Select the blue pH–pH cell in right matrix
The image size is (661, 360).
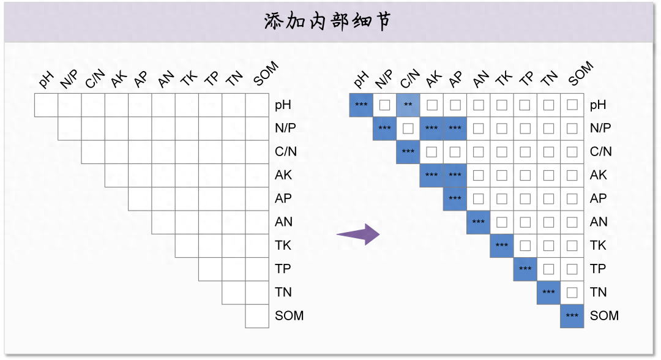(361, 105)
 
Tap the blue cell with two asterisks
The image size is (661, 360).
(408, 105)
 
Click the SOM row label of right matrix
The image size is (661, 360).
(604, 316)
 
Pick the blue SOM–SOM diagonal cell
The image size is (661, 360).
(572, 316)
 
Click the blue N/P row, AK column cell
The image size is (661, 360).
(431, 129)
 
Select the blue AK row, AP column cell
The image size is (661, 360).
(455, 175)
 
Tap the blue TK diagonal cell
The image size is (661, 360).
(502, 246)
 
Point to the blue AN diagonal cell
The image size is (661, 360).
(479, 222)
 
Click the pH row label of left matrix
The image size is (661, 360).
(283, 105)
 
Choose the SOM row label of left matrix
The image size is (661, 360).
(289, 316)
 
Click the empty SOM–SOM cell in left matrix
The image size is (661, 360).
(257, 316)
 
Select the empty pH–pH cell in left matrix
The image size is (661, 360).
(46, 105)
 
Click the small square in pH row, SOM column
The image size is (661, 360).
(572, 105)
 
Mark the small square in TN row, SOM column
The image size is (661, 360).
(572, 292)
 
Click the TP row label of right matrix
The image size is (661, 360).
(598, 269)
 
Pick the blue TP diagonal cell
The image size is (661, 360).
(525, 269)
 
